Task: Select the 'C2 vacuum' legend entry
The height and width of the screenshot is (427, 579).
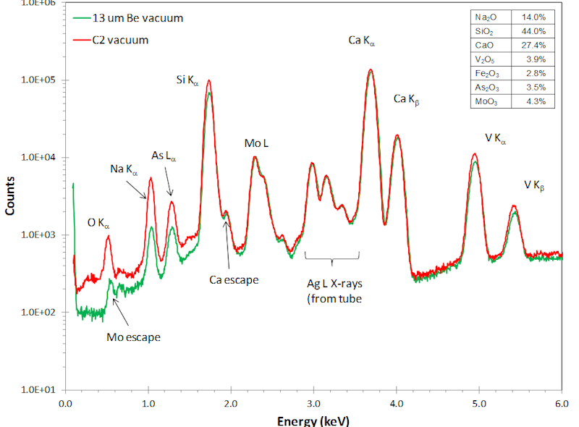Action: (x=120, y=40)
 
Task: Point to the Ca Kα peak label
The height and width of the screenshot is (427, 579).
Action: (x=362, y=42)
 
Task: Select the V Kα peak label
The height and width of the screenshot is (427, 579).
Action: (x=496, y=138)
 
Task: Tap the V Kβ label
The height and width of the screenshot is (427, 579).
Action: (x=534, y=185)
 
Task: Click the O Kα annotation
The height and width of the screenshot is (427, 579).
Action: (x=98, y=224)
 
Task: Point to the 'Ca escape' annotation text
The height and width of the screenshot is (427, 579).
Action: (x=234, y=279)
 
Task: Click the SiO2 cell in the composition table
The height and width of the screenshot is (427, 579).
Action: (x=486, y=31)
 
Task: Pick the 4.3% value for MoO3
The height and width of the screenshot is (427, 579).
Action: (x=534, y=101)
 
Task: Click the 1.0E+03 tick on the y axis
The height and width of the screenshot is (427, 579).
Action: (x=42, y=235)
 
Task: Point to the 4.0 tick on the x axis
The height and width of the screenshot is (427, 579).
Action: (x=396, y=404)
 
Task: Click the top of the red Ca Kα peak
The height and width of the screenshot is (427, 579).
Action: (x=371, y=70)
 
